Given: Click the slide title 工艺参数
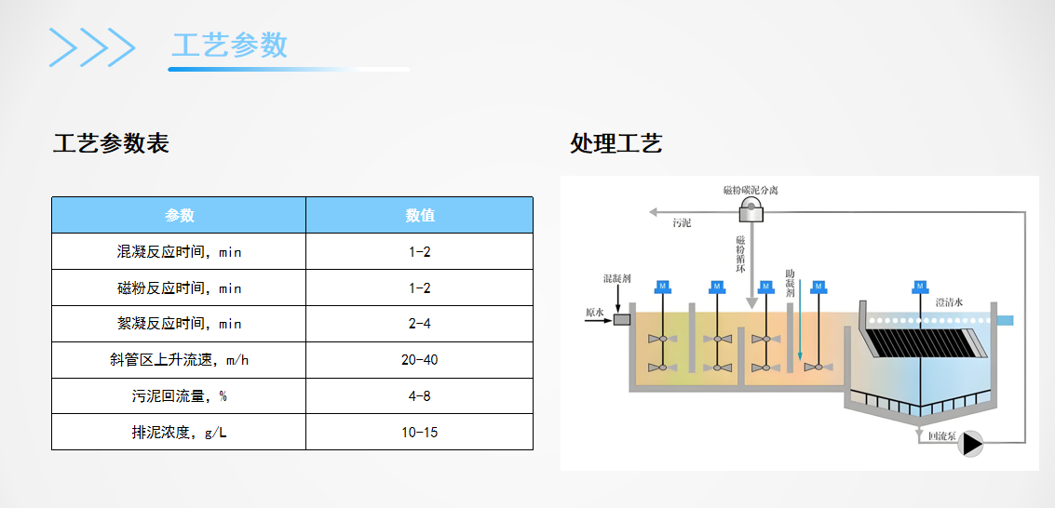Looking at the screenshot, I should pyautogui.click(x=230, y=45).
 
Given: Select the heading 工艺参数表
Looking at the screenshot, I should pyautogui.click(x=111, y=144).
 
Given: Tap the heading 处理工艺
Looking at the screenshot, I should pyautogui.click(x=615, y=144).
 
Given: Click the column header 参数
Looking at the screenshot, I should pyautogui.click(x=179, y=215).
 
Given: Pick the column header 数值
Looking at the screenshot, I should pyautogui.click(x=419, y=215).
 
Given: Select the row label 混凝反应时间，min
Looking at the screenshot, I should pyautogui.click(x=179, y=251).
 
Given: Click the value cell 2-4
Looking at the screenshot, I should pyautogui.click(x=419, y=324).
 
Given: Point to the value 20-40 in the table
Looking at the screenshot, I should pyautogui.click(x=419, y=360).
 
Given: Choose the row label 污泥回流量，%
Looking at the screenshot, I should pyautogui.click(x=179, y=396).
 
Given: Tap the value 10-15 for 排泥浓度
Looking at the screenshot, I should pyautogui.click(x=419, y=433).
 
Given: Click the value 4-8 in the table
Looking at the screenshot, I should pyautogui.click(x=419, y=396).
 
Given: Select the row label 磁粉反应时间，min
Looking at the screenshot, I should pyautogui.click(x=179, y=287).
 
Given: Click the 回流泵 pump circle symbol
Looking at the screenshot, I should pyautogui.click(x=971, y=444).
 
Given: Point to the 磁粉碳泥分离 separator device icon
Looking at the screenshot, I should pyautogui.click(x=751, y=212).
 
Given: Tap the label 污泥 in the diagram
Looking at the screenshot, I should pyautogui.click(x=682, y=223).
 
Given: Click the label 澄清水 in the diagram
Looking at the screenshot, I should pyautogui.click(x=948, y=302).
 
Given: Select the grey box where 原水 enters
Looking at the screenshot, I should pyautogui.click(x=622, y=319).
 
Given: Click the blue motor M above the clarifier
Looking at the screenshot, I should pyautogui.click(x=919, y=286).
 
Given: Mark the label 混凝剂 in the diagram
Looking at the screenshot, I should pyautogui.click(x=617, y=278).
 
